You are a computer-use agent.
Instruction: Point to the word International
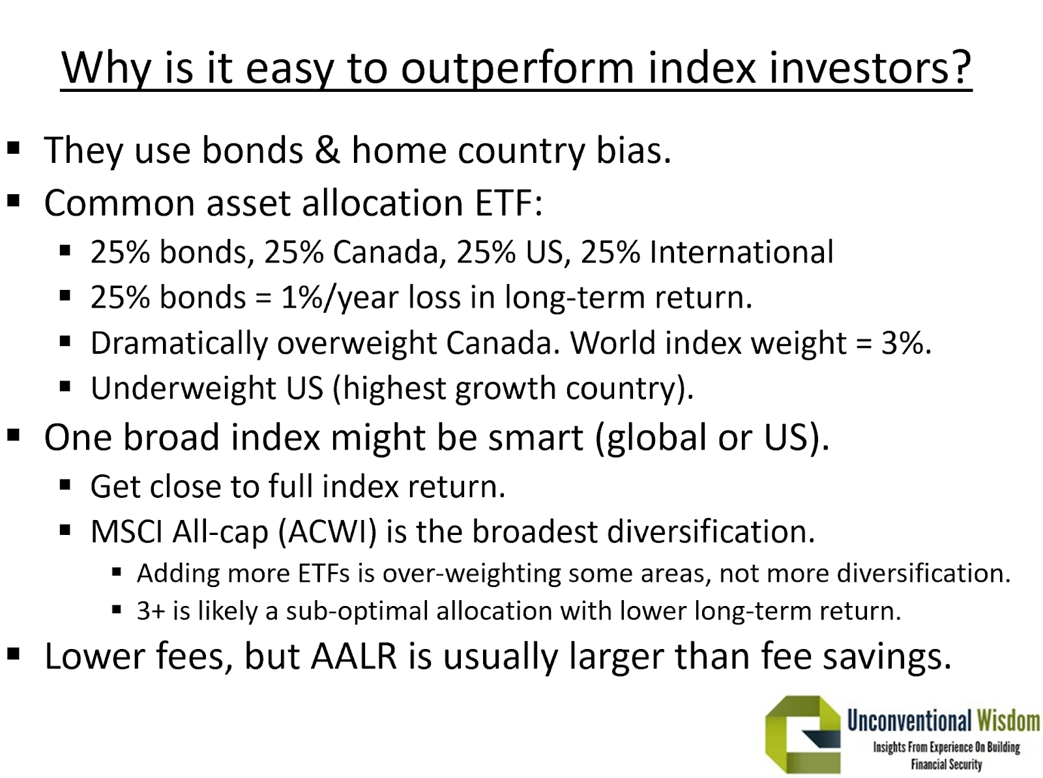[x=741, y=252]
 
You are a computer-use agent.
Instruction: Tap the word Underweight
[x=183, y=388]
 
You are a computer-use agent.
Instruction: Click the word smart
[x=535, y=437]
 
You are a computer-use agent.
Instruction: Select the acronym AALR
[x=353, y=657]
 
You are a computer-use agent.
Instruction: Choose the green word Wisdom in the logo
[x=1008, y=721]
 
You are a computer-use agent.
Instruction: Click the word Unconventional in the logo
[x=909, y=721]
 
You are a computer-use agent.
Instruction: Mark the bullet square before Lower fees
[x=13, y=654]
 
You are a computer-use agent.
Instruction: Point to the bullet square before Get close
[x=65, y=485]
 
